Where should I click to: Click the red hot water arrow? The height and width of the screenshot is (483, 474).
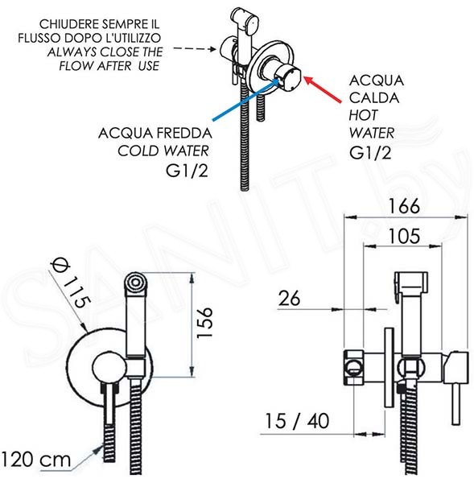tap(322, 89)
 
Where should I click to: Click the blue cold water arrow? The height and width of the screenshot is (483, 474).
tap(245, 99)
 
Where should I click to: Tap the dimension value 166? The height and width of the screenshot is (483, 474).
tap(404, 206)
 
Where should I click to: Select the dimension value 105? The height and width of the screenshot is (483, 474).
tap(404, 236)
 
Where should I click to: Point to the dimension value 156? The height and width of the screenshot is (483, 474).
tap(204, 323)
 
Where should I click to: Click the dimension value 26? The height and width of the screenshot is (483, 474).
tap(289, 298)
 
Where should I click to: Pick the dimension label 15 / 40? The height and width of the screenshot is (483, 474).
tap(297, 421)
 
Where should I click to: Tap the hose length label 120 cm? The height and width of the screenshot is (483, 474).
tap(36, 460)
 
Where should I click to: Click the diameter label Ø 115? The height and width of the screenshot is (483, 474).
tap(72, 283)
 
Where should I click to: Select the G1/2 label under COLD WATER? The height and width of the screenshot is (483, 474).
tap(187, 171)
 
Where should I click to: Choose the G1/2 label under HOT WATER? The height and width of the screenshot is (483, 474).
tap(370, 152)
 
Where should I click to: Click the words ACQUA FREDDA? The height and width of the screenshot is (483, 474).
tap(155, 133)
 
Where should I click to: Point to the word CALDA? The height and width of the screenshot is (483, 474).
tap(374, 97)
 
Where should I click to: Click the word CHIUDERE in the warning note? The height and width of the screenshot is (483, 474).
tap(68, 24)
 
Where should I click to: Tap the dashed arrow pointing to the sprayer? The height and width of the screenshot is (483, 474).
tap(194, 48)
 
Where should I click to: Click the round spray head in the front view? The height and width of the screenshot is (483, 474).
tap(135, 282)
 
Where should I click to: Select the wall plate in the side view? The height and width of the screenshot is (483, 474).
tap(390, 367)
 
